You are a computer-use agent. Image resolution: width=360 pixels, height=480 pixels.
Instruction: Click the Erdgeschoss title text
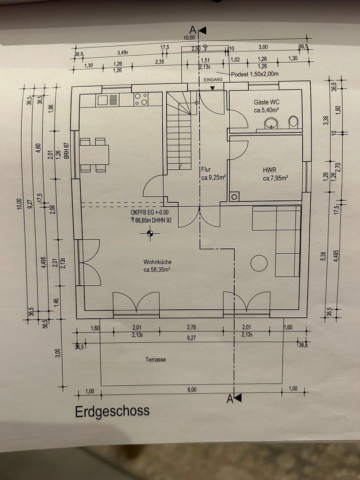[112, 411]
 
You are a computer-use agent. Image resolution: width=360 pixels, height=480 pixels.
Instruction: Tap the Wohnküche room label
[157, 266]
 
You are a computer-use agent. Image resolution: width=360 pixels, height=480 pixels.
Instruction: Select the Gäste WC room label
[267, 106]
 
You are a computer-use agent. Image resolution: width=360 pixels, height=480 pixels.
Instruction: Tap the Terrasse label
[156, 359]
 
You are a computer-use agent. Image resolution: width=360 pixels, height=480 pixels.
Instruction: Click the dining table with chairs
[94, 155]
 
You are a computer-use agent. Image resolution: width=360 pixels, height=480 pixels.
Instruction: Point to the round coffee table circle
[259, 263]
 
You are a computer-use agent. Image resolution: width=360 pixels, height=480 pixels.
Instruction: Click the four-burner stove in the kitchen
[141, 100]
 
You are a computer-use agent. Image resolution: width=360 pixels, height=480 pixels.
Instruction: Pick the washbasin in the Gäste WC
[271, 123]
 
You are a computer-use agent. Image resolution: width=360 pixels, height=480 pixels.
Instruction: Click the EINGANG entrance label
[213, 80]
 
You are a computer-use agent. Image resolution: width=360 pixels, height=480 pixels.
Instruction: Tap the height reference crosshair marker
[150, 232]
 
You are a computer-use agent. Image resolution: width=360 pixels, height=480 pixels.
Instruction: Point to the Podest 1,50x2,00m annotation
[255, 74]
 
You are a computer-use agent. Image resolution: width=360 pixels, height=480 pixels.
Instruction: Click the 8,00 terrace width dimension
[192, 389]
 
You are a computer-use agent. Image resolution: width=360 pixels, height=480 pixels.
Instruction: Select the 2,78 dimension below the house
[192, 328]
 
